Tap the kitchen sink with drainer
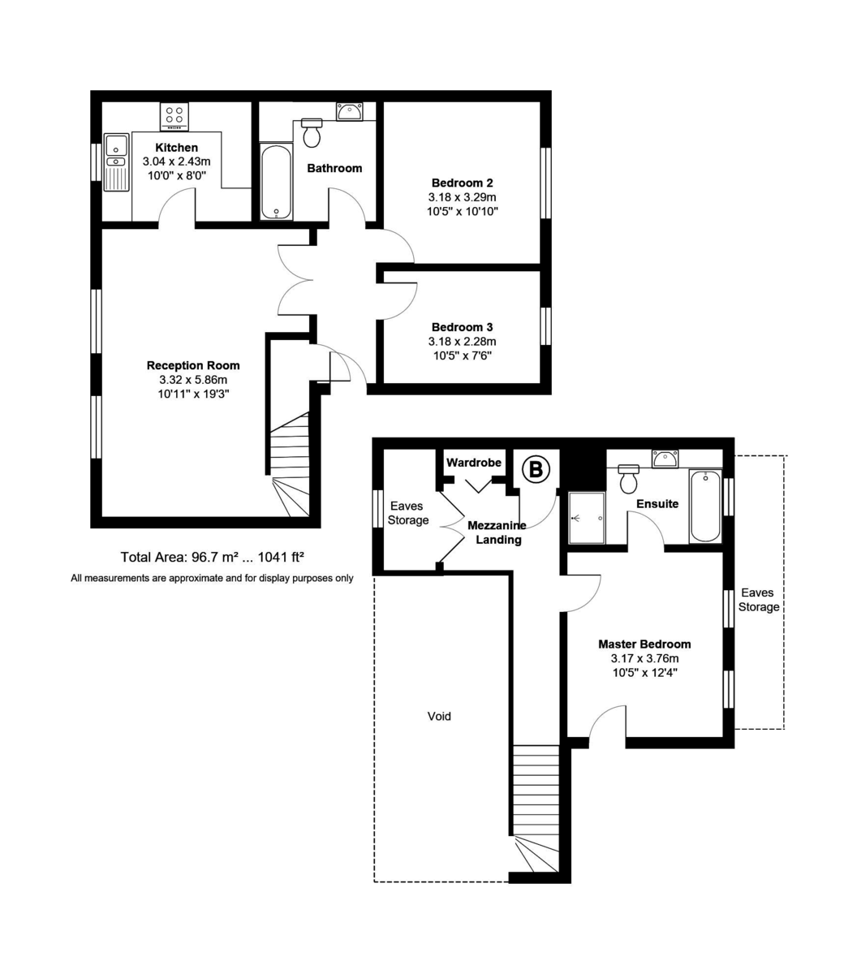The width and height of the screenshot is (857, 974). pos(117,162)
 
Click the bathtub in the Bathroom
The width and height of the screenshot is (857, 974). pos(277,181)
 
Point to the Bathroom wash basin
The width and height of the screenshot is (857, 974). pos(350,111)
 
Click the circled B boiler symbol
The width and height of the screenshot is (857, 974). pos(536,468)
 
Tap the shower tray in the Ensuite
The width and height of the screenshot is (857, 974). pos(586,518)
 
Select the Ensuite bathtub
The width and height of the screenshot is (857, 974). pos(704,506)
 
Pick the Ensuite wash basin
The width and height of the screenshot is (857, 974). pos(665,459)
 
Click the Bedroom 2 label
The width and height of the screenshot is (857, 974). pos(462,183)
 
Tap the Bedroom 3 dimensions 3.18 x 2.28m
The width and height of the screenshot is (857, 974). pos(462,342)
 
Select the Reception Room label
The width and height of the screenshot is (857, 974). pos(193,365)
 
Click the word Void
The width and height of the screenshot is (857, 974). pos(439,716)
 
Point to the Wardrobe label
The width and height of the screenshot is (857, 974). pos(474,463)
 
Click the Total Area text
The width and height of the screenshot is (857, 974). pos(212,557)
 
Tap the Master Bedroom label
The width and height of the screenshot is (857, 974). pos(644,644)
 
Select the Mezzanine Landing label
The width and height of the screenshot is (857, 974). pos(497,532)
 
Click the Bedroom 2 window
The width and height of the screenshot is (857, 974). pos(546,183)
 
